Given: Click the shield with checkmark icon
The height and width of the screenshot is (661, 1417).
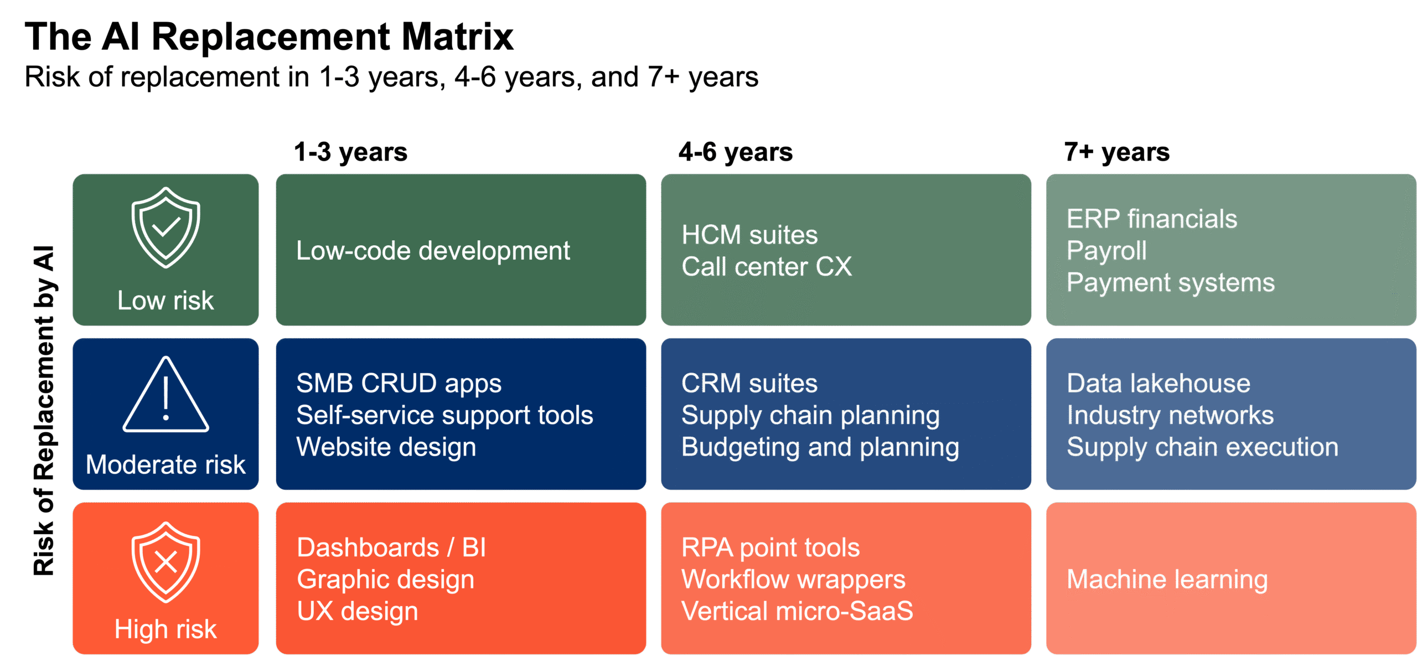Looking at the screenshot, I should point(166,228).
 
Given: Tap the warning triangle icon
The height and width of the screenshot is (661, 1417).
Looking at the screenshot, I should point(166,395).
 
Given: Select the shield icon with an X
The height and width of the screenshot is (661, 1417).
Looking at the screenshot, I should point(166,562).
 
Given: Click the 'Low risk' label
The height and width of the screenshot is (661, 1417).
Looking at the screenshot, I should point(166,301).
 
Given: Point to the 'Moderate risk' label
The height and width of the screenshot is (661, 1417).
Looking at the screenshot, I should point(166,464).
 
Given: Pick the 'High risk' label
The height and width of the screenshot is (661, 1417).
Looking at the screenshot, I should point(166,629).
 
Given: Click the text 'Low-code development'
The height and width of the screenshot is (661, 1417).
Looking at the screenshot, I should point(433,251).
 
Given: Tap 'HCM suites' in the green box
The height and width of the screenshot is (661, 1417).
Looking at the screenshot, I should point(749,235).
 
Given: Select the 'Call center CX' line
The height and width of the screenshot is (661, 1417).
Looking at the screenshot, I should point(767,267).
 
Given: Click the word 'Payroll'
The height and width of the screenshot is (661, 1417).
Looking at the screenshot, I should point(1106,251).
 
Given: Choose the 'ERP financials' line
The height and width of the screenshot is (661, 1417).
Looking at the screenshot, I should point(1152,219).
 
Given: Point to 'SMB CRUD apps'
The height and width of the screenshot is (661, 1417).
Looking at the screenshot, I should point(399,383).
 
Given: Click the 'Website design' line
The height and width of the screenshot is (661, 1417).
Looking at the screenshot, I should point(386,447).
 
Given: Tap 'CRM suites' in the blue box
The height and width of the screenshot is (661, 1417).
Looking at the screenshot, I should point(749,383).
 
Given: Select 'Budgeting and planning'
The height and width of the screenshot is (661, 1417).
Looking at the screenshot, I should point(820,447).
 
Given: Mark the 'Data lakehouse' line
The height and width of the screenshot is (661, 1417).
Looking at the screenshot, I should point(1159,383).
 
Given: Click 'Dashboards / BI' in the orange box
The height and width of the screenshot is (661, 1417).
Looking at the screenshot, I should point(391,548).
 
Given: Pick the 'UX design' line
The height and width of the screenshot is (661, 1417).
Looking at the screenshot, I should point(358,611).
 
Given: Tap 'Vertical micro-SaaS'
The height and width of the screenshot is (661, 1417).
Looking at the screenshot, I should point(797,611).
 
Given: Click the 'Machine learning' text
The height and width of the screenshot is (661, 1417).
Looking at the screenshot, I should point(1167,580).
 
